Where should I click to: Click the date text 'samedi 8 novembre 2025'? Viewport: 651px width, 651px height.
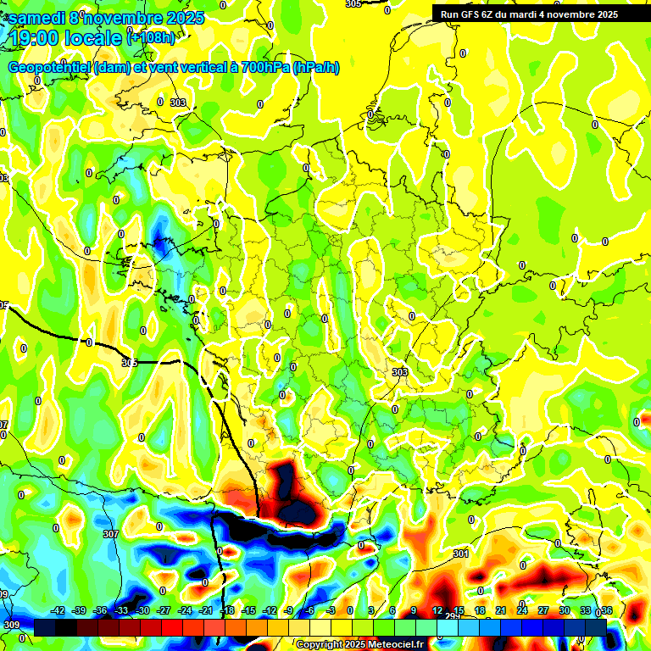coord(106,18)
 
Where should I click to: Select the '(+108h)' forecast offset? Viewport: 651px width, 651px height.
coord(151,37)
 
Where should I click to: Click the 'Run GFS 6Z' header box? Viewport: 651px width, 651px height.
coord(528,14)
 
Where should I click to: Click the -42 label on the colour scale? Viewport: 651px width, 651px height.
coord(58,610)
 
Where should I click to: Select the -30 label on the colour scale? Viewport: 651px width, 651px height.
coord(143,610)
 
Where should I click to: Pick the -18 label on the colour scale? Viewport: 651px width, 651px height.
coord(227,610)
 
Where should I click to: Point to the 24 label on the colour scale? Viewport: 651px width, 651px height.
coord(521,610)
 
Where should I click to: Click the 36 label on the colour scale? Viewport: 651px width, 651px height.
coord(606,610)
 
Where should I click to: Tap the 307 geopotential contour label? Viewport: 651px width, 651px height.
coord(110,534)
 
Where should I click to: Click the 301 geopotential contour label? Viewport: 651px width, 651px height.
coord(460,554)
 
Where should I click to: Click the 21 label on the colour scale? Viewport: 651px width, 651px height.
coord(500,610)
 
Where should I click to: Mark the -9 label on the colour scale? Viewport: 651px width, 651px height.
coord(289,610)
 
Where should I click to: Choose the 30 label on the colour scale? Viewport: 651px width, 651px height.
coord(564,610)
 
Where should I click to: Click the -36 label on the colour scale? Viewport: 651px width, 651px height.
coord(101,610)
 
